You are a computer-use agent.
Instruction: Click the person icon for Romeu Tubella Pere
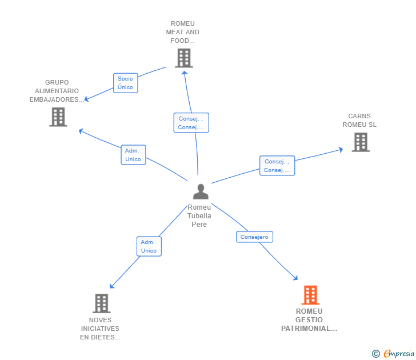coord(201,191)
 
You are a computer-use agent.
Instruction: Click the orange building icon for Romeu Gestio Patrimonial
coord(310,295)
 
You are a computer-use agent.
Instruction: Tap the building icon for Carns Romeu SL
coord(360,142)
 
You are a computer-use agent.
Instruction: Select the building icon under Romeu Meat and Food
coord(183,58)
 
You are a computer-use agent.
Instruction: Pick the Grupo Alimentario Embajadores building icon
coord(58,117)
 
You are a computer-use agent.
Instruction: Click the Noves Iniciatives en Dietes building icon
coord(101,303)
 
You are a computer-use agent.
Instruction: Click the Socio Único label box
coord(125,83)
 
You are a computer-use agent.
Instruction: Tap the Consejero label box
coord(254,237)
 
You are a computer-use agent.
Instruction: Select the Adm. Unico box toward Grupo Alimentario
coord(133,155)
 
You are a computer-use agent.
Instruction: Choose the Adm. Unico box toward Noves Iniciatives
coord(149,246)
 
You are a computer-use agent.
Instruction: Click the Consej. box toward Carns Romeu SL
coord(277,166)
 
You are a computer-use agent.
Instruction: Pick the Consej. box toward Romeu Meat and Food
coord(191,123)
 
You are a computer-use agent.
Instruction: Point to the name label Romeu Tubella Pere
coord(199,216)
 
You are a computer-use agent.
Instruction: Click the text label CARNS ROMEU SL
coord(359,121)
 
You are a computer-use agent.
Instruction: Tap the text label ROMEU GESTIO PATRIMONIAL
coord(309,320)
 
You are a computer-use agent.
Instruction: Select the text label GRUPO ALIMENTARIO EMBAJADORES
coord(57,91)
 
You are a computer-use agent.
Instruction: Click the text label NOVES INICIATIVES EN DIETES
coord(100,329)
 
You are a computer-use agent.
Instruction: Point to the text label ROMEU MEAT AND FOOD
coord(183,33)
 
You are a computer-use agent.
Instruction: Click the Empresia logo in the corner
coord(394,354)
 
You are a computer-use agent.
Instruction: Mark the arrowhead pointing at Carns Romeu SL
coord(341,150)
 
